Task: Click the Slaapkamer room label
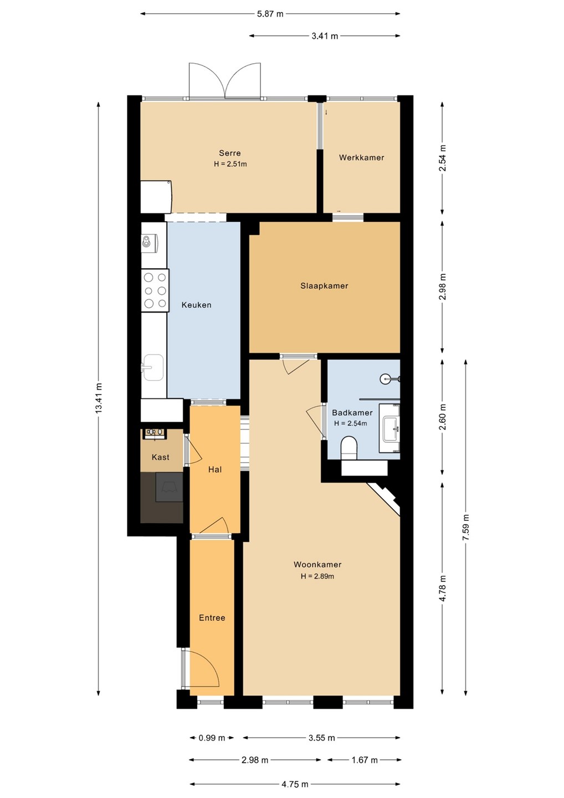coord(324,286)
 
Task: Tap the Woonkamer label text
coord(317,565)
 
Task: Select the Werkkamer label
coord(361,157)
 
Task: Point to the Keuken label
coord(196,305)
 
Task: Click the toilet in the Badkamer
coord(348,448)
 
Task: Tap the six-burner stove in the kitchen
coord(155,290)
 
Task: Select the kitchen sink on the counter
coord(153,367)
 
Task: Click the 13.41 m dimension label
coord(99,398)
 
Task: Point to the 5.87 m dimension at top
coord(270,14)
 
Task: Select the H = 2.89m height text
coord(317,576)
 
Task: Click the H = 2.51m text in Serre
coord(230,164)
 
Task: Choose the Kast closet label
coord(161,457)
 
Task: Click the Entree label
coord(212,618)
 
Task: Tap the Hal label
coord(215,469)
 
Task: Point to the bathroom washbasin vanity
coord(389,428)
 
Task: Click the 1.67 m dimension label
coord(365,760)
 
